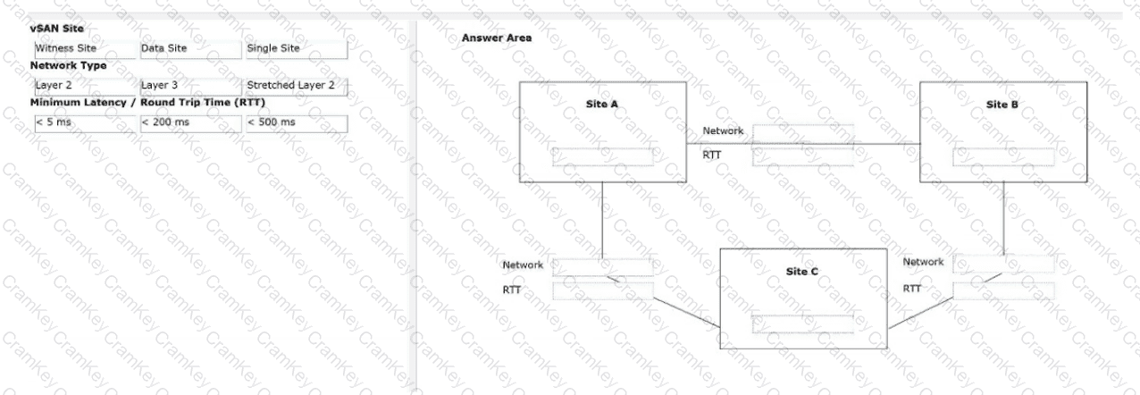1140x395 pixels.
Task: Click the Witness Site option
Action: click(85, 49)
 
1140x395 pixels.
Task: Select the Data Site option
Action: click(191, 49)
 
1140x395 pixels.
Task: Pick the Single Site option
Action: click(297, 49)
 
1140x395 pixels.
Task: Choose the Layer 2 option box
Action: click(85, 86)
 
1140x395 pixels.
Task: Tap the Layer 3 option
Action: click(191, 86)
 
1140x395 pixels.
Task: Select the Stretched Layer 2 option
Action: click(297, 86)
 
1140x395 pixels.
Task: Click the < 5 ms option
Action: click(85, 123)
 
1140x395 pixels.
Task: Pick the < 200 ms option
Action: click(191, 123)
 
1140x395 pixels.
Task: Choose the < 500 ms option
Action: click(297, 123)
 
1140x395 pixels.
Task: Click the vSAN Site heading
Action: click(57, 29)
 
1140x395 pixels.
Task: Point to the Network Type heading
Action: click(68, 65)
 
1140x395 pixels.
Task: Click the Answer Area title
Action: click(497, 38)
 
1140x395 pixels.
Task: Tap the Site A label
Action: click(601, 105)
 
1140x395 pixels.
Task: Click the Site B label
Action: click(1002, 105)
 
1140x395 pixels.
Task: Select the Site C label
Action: click(802, 272)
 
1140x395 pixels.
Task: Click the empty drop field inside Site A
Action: click(602, 156)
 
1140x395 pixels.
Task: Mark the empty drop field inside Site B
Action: click(1003, 156)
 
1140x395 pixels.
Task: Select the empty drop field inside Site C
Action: click(802, 324)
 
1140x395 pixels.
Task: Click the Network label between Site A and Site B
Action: click(723, 130)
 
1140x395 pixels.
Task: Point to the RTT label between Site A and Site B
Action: click(711, 155)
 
